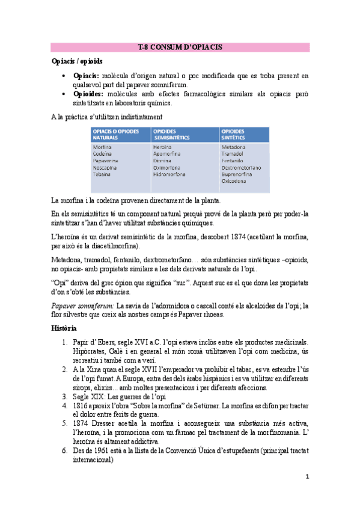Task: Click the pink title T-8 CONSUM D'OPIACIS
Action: (180, 47)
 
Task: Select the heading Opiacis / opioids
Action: (76, 61)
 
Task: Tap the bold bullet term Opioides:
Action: (88, 94)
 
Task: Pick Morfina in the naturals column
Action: (102, 147)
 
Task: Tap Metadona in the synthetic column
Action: (233, 147)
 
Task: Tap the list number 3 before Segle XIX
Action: (65, 396)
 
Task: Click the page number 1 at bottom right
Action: (307, 476)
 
